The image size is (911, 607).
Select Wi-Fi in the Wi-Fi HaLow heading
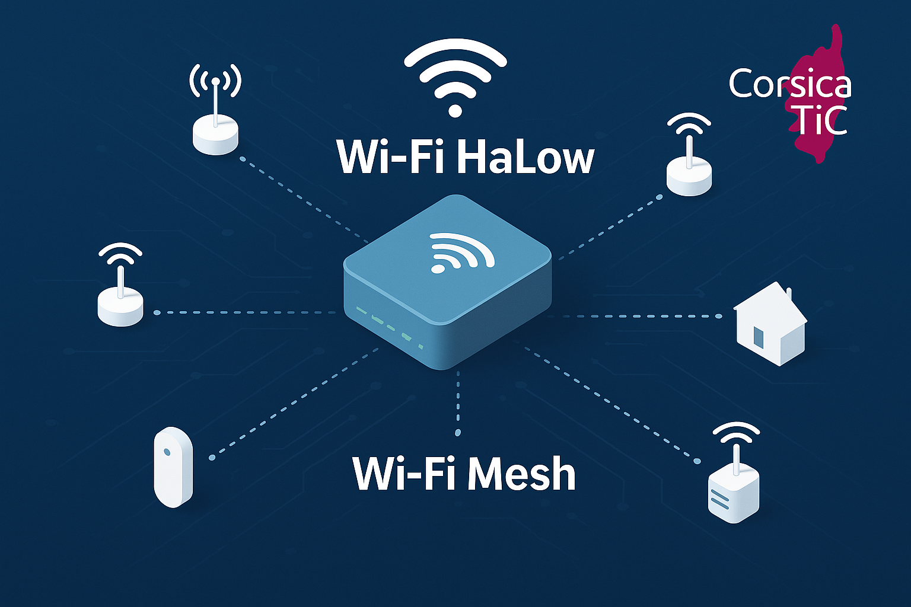(390, 157)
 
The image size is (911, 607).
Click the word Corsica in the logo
(789, 84)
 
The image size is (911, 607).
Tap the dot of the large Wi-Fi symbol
(455, 110)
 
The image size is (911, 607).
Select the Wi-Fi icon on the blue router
(460, 252)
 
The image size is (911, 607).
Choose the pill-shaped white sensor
(173, 467)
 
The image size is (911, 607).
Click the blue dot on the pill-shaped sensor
(167, 452)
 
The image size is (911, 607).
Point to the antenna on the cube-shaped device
(736, 456)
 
